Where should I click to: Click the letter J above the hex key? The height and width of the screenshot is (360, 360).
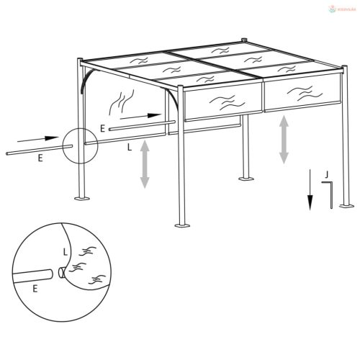(327, 174)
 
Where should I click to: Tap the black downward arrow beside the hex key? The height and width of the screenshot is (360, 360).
(310, 191)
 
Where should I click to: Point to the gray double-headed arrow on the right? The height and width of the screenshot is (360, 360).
(284, 138)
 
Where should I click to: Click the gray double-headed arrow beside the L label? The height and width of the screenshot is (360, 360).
(145, 164)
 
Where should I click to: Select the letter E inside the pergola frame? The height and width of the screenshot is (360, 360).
(104, 128)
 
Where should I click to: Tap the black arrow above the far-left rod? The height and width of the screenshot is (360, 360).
(36, 138)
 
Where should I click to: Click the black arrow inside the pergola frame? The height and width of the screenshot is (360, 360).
(140, 114)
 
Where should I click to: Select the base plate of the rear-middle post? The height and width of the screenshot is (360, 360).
(246, 178)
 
